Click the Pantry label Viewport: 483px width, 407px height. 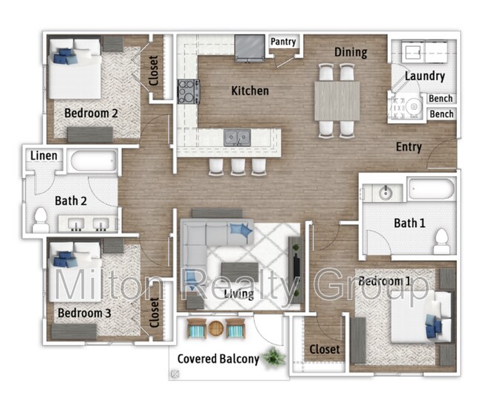[282, 42]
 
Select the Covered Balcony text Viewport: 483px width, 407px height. [218, 359]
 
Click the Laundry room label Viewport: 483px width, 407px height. [425, 76]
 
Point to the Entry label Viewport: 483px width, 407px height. [409, 147]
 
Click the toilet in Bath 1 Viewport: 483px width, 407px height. [441, 239]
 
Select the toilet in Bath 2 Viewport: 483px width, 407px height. [40, 218]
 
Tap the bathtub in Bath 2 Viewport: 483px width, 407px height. [92, 161]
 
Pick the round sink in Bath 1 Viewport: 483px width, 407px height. [386, 193]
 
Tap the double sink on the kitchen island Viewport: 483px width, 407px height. [238, 137]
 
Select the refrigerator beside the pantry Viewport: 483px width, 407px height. [249, 48]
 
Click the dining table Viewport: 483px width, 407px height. [337, 100]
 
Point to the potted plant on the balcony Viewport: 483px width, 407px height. [273, 356]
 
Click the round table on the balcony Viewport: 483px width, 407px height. [215, 328]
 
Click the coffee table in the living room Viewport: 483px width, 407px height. [239, 272]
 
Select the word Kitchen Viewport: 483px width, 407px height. [250, 91]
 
